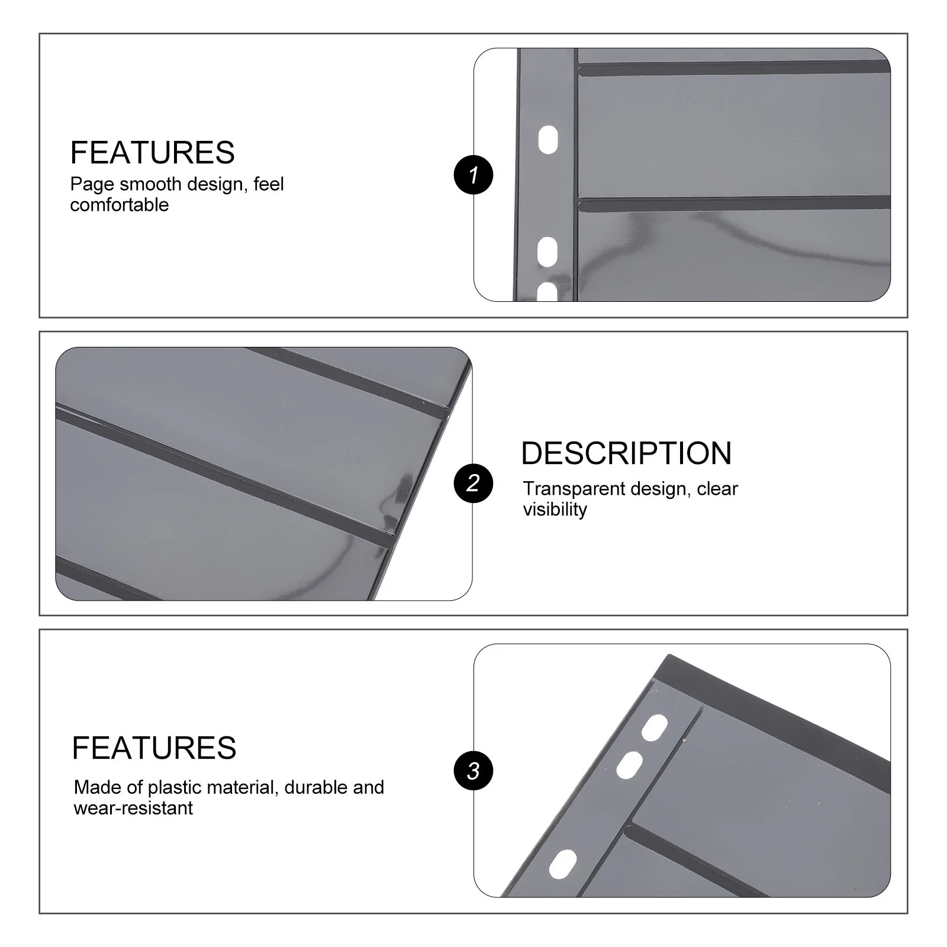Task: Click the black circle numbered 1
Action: pos(473,175)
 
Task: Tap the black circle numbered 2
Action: pos(473,483)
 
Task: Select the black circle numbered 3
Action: pos(473,771)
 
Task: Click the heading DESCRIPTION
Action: pos(626,453)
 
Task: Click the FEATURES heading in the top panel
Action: pos(152,153)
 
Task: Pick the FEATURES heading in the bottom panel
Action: pos(154,748)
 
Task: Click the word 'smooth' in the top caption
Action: pos(150,184)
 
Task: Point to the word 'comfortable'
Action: pos(120,205)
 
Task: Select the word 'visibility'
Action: pos(555,509)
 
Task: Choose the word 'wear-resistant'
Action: pos(133,808)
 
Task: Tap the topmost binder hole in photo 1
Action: pos(548,140)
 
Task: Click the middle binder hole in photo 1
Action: pos(547,250)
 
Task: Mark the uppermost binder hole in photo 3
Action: pos(654,727)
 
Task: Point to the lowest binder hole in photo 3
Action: pos(562,864)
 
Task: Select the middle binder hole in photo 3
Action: pos(629,765)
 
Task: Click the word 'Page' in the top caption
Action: pos(92,184)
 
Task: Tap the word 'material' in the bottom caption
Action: pos(240,787)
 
